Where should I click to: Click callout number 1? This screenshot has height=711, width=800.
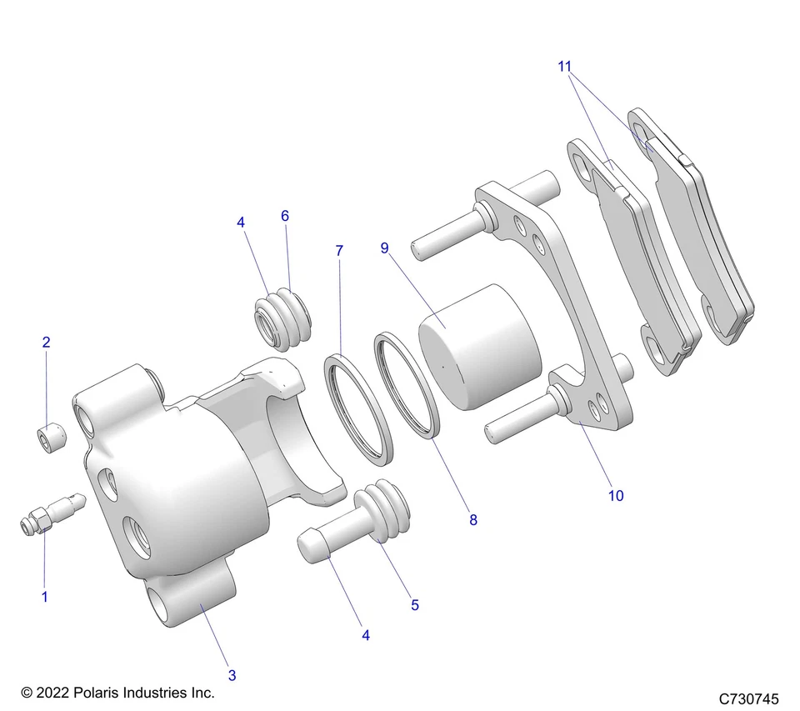(x=45, y=596)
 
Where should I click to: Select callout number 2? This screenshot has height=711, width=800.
(x=46, y=342)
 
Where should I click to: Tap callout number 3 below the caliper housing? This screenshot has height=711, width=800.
(x=232, y=673)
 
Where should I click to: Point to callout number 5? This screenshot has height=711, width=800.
(x=415, y=605)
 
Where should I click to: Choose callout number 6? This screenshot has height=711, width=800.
(x=285, y=216)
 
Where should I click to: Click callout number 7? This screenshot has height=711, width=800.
(x=339, y=250)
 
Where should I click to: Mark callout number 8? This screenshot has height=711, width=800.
(x=473, y=520)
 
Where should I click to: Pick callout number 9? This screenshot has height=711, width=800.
(x=385, y=248)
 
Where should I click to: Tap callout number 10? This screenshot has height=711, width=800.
(x=616, y=495)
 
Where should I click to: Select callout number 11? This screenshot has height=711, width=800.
(x=565, y=66)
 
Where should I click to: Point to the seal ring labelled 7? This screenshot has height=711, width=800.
(x=359, y=408)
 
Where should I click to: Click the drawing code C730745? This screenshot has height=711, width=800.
(x=747, y=698)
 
